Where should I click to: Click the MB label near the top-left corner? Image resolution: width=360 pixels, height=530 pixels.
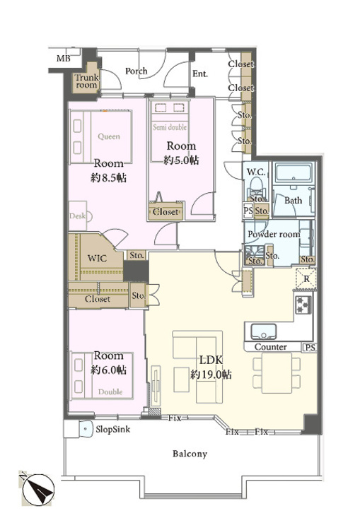pos(63,59)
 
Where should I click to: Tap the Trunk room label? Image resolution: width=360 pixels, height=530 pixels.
pos(86,81)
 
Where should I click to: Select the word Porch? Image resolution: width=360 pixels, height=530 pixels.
pos(137,71)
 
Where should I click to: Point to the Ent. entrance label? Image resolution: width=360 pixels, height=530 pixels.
pos(200,73)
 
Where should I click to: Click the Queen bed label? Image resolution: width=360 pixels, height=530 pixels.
pos(109,136)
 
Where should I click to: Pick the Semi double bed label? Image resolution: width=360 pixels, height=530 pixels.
pos(170,127)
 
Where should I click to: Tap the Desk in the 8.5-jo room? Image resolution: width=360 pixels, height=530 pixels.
pos(78,216)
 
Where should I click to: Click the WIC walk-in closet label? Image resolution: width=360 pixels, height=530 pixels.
pos(97,259)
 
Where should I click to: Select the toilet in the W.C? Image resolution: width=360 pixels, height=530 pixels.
pos(256,187)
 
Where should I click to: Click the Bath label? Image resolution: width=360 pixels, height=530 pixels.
pos(293,201)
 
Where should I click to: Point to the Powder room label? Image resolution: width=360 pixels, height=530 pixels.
pos(274,234)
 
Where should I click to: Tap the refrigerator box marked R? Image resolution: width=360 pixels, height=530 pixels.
pos(306,279)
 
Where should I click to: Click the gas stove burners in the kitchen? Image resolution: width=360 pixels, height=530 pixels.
pos(303,305)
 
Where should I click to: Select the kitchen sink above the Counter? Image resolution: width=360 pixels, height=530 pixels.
pos(263,331)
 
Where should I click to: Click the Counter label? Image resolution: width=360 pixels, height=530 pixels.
pos(270,347)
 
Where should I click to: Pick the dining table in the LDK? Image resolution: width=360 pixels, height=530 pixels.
pos(277,373)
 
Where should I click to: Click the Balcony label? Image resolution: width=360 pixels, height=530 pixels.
pos(190,454)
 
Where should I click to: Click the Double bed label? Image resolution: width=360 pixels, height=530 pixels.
pos(110,391)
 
